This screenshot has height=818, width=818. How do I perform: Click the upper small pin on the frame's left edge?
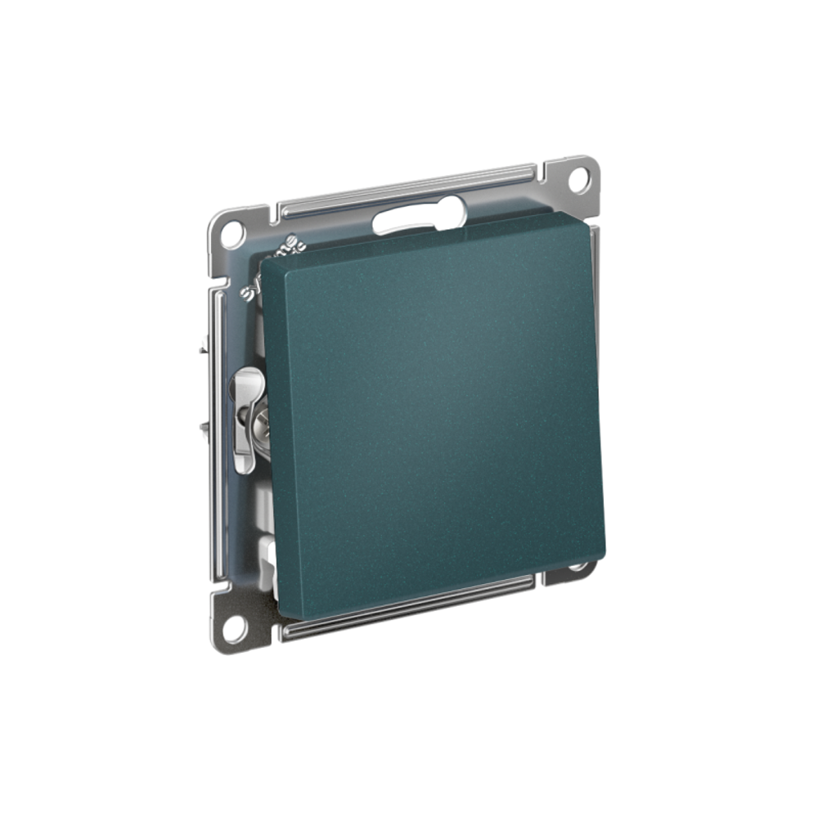point(202,351)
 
